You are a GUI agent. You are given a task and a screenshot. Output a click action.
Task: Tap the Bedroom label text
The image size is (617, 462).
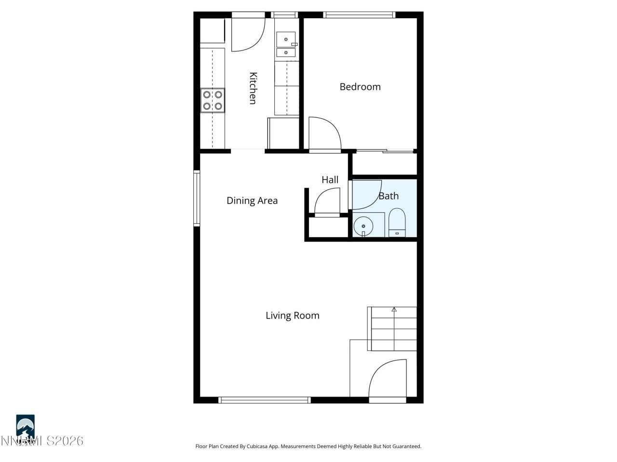click(x=360, y=87)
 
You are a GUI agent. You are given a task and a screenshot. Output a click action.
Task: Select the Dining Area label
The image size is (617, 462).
click(x=252, y=201)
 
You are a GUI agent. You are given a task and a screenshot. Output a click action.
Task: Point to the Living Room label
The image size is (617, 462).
click(x=293, y=316)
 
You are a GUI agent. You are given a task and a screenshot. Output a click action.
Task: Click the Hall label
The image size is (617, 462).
click(x=330, y=180)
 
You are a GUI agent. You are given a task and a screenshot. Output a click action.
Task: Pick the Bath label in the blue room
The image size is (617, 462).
click(x=389, y=196)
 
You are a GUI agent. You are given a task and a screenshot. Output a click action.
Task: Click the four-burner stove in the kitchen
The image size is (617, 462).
click(x=213, y=101)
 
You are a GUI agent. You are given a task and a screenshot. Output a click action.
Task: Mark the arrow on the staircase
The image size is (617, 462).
click(x=394, y=310)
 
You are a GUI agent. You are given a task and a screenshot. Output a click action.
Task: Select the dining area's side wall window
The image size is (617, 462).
click(x=197, y=198)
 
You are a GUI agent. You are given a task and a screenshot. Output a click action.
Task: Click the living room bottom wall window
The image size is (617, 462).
click(x=264, y=400)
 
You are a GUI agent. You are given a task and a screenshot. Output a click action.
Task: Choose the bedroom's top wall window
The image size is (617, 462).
click(x=360, y=15)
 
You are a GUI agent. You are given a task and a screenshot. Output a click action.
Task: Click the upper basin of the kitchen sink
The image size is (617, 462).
click(x=286, y=38)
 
